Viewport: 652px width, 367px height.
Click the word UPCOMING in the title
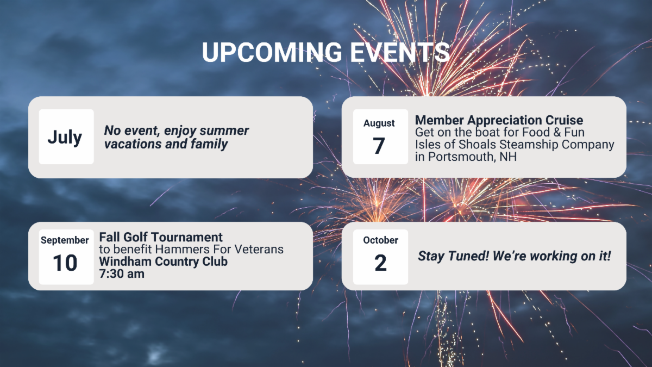click(272, 52)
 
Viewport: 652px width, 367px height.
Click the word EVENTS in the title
click(400, 52)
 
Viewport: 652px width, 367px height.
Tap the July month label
click(65, 138)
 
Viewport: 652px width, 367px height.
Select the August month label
click(379, 123)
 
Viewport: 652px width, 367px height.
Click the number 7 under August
click(379, 146)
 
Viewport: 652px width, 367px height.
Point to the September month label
click(65, 240)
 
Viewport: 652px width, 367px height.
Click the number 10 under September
click(65, 263)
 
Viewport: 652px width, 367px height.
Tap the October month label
click(380, 240)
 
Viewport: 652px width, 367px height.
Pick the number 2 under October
click(380, 263)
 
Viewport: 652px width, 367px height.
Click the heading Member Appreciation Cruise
click(499, 120)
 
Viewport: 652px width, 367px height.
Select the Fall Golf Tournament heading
click(161, 237)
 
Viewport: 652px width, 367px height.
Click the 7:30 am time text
click(122, 274)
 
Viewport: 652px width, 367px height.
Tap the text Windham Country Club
click(164, 262)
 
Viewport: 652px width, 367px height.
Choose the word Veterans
click(259, 250)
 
